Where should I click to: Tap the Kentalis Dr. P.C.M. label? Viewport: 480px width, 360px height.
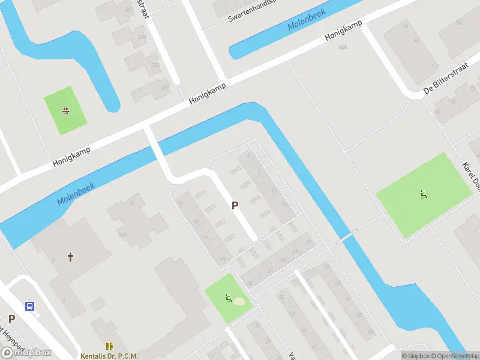click(x=109, y=356)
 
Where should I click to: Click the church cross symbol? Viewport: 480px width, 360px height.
click(x=71, y=257)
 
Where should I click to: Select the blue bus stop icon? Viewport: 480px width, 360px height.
click(x=29, y=306)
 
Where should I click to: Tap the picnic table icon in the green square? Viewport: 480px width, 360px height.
click(x=65, y=110)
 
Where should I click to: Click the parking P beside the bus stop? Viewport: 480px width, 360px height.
click(x=11, y=319)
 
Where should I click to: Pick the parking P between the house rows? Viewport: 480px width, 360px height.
click(x=235, y=205)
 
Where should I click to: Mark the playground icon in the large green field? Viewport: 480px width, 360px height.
click(x=424, y=194)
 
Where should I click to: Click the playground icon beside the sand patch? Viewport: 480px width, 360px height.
click(x=228, y=298)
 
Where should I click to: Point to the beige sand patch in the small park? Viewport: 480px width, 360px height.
click(x=239, y=301)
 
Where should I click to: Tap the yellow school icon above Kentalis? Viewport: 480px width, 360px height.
click(x=109, y=346)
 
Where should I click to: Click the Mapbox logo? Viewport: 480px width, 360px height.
click(x=26, y=352)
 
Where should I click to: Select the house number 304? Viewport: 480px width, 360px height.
click(x=122, y=235)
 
